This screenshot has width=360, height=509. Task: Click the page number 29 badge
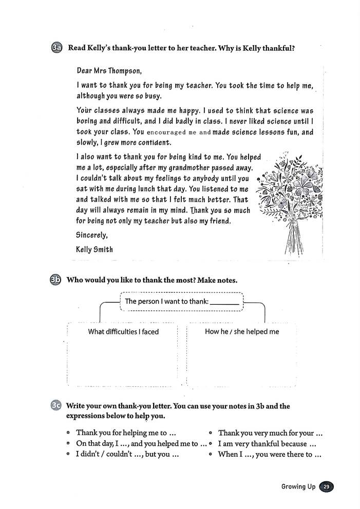coord(326,486)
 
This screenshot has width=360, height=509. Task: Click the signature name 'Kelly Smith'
coord(94,249)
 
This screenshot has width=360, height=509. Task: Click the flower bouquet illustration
coord(292,200)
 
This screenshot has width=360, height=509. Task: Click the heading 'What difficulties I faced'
coord(123,331)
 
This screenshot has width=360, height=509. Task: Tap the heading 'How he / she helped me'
coord(242,331)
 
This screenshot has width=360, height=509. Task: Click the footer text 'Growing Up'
coord(298,486)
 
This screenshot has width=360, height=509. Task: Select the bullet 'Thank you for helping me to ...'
coord(127,433)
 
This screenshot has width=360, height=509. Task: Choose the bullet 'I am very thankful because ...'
coord(267,444)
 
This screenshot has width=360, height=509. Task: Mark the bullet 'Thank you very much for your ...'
coord(270,433)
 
